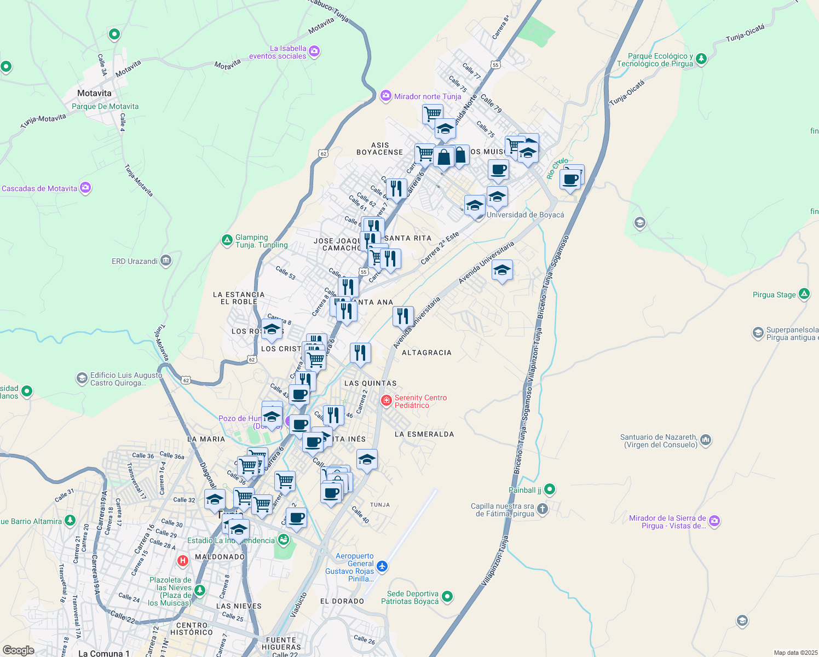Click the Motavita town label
click(94, 94)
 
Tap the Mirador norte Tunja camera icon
click(385, 96)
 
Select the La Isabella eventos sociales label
click(278, 52)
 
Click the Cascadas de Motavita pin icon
click(85, 188)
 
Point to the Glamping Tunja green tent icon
click(227, 240)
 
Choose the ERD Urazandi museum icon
click(166, 261)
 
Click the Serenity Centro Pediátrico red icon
click(387, 401)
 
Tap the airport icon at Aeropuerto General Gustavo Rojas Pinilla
click(382, 567)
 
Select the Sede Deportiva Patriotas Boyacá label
click(410, 597)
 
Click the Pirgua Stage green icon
click(804, 294)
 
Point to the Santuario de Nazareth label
click(659, 441)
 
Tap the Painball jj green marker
click(550, 489)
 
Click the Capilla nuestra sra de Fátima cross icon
click(543, 509)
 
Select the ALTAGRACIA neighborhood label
click(426, 353)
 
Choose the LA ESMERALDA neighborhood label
click(424, 434)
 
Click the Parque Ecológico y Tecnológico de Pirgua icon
click(701, 59)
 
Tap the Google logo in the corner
click(18, 650)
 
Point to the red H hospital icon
click(183, 561)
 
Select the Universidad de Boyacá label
click(525, 215)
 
